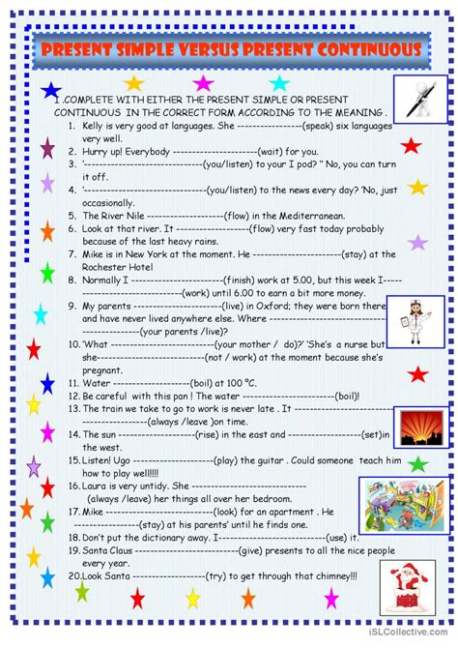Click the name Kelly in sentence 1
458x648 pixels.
coord(95,126)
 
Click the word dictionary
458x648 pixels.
coord(173,536)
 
